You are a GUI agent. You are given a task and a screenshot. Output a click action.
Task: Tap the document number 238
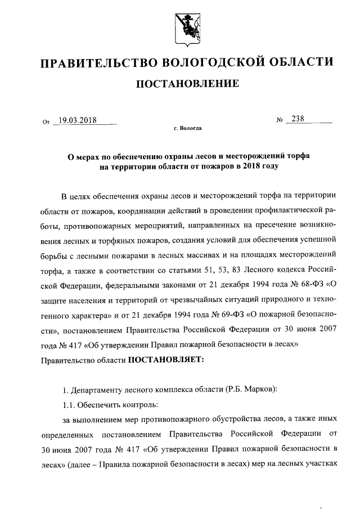point(295,119)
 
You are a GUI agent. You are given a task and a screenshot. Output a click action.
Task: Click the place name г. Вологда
point(187,129)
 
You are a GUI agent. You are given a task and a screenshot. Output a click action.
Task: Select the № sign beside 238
point(279,120)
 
